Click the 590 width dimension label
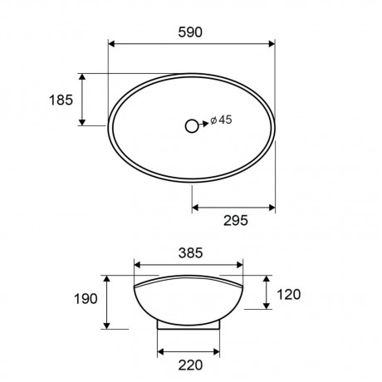click(190, 32)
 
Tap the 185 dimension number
click(61, 100)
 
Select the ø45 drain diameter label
click(221, 120)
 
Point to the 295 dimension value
click(236, 221)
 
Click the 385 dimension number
click(191, 253)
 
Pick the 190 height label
click(86, 299)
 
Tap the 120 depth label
click(289, 295)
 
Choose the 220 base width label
click(190, 365)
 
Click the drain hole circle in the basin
click(192, 126)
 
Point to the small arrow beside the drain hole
click(203, 124)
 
